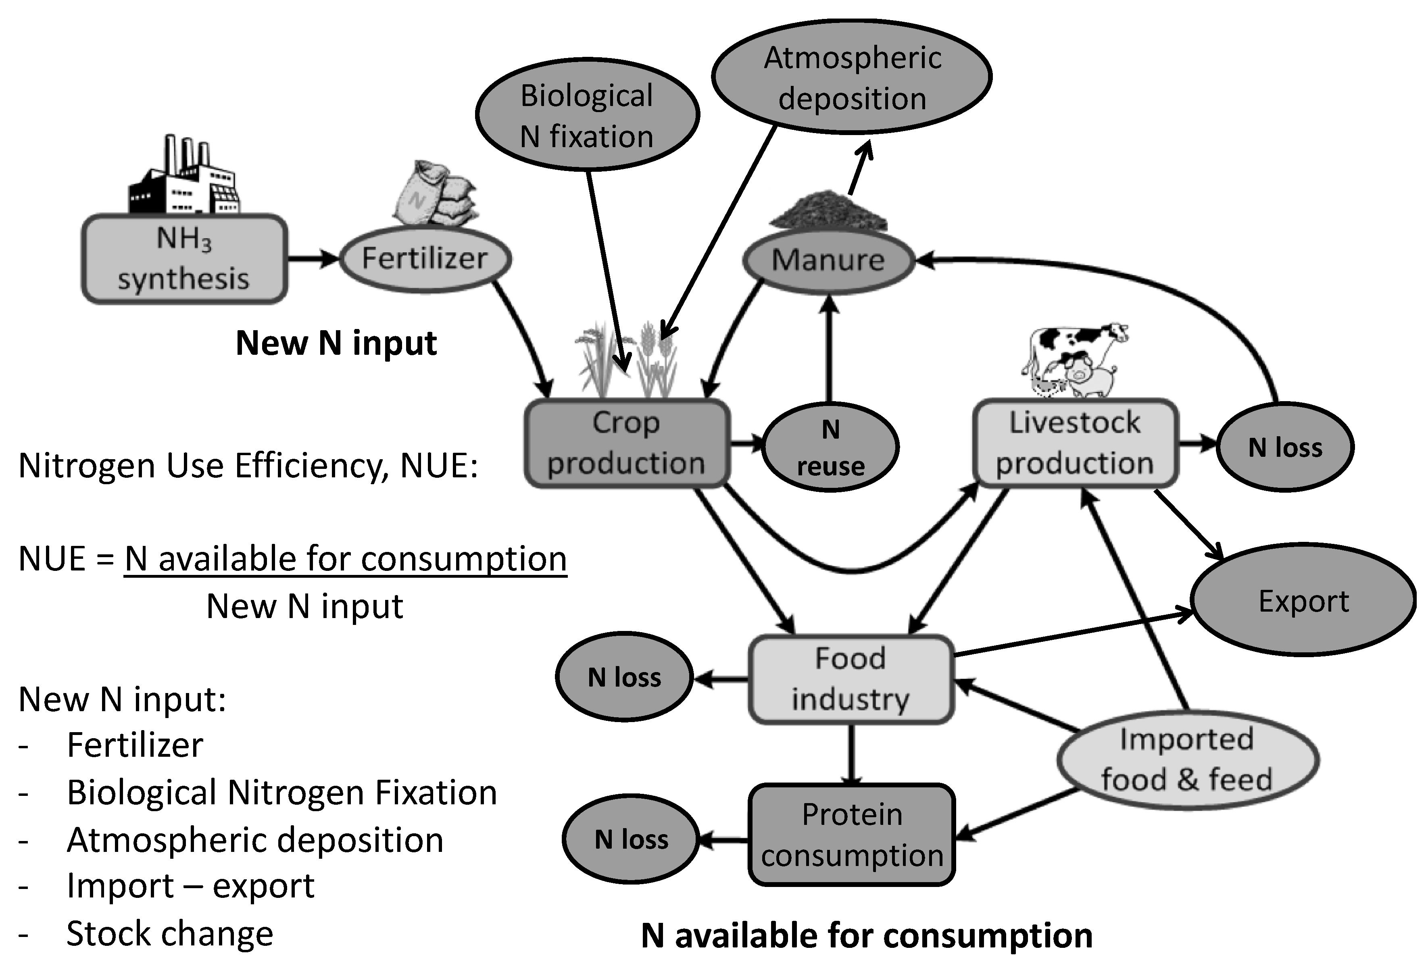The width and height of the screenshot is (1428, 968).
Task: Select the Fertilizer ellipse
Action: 425,258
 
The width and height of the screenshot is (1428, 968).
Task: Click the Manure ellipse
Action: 828,260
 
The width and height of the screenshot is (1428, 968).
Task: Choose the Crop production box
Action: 627,443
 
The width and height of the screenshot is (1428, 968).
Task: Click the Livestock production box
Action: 1075,443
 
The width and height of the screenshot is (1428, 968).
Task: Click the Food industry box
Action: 851,679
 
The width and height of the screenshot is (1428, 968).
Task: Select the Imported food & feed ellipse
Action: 1187,760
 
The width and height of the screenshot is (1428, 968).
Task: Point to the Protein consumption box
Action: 852,834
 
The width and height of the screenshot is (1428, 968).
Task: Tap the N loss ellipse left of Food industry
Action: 624,677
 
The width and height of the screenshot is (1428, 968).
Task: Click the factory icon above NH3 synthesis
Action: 183,178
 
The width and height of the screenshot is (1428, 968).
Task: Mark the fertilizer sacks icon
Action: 435,194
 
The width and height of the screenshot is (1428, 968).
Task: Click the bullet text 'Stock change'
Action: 170,934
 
